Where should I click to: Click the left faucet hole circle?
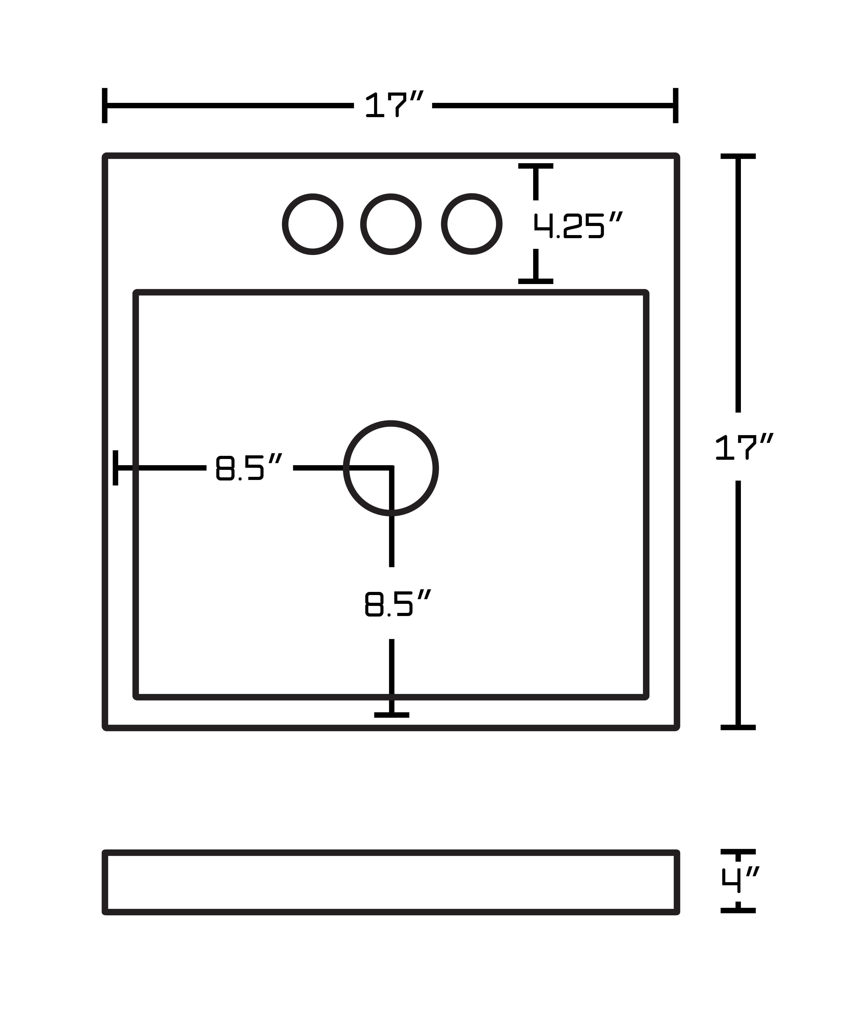313,224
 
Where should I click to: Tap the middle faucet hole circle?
391,224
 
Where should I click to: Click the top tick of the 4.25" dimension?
535,166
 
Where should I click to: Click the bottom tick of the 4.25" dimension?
535,281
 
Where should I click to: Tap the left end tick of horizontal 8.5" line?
115,468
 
